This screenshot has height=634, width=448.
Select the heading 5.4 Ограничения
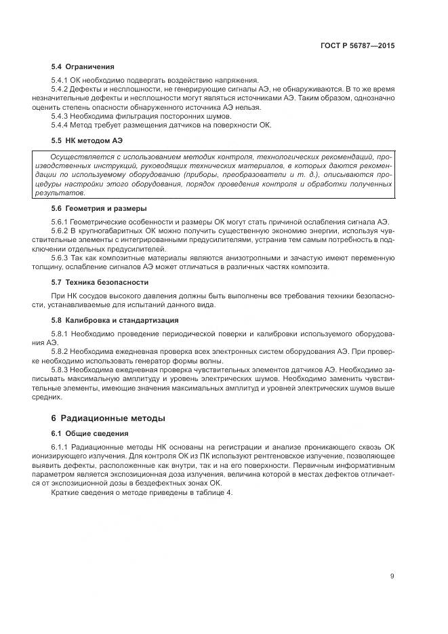coord(83,66)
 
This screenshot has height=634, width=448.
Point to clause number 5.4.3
coord(60,116)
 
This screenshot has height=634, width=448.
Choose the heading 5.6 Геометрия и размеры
coord(99,208)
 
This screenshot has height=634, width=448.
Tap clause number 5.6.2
coord(60,231)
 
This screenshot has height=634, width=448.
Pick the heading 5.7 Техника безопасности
coord(100,281)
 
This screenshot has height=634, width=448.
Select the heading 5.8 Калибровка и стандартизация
coord(115,319)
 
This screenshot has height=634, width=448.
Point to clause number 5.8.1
coord(60,334)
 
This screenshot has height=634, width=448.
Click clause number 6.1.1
coord(60,448)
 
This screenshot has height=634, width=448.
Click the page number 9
coord(392,576)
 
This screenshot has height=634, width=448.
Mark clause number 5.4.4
coord(60,125)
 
